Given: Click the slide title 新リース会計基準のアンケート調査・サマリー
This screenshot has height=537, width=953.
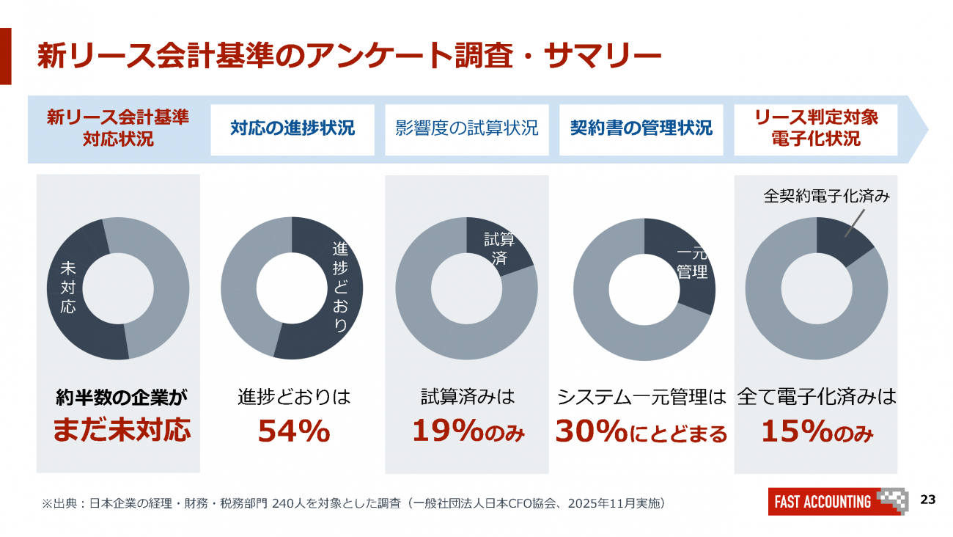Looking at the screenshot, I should pos(349,56).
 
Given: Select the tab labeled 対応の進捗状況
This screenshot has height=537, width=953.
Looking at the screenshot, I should pos(292,129).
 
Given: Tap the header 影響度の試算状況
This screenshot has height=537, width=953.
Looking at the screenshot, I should pos(467,129).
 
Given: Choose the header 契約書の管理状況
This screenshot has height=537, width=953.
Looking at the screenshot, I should pos(641,129).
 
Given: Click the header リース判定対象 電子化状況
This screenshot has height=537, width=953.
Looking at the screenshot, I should pos(816,129).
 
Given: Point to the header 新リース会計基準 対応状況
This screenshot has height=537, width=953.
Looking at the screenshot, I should pos(118,129).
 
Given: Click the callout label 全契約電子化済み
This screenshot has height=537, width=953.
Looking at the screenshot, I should pos(827,197).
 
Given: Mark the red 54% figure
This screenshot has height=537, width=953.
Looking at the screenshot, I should pos(293,431).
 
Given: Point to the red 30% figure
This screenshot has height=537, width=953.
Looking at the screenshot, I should pos(590,431).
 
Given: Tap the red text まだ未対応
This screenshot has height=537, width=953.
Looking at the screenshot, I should pos(122,431).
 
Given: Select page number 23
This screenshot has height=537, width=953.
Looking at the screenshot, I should pos(927,500).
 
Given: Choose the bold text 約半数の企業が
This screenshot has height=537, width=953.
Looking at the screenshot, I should pos(122,398).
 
